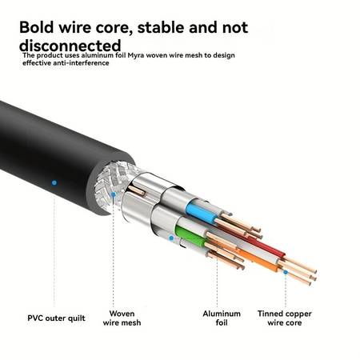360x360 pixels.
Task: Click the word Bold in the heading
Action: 37,27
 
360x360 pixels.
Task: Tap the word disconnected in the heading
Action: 70,46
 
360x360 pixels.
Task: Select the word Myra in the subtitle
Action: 136,55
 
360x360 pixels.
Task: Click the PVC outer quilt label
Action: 56,318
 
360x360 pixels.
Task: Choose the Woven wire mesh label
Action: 122,318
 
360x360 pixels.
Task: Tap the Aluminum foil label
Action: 222,318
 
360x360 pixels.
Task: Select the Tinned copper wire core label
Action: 285,318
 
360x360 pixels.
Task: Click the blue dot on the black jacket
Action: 54,182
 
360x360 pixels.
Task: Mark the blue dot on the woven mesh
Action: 113,194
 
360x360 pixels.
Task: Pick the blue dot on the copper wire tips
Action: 286,272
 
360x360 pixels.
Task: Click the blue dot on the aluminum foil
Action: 171,238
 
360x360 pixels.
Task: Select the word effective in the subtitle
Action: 37,63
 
